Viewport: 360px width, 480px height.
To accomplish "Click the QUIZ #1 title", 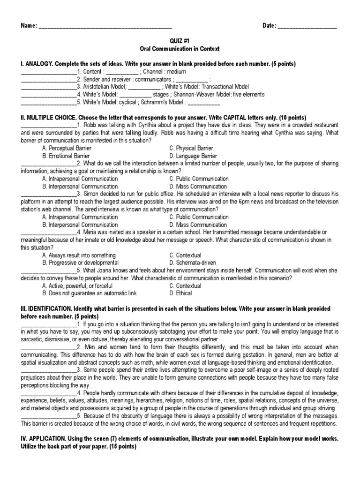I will (180, 41).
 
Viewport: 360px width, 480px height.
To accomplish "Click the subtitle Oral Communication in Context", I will (180, 49).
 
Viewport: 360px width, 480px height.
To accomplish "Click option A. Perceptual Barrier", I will (67, 148).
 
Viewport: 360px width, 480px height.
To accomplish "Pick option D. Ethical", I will (180, 293).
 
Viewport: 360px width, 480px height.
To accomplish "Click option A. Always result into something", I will (78, 255).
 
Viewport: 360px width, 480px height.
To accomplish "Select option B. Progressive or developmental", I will (80, 263).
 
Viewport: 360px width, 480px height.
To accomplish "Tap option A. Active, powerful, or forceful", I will (77, 286).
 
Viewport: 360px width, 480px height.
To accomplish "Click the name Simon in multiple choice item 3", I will (91, 194).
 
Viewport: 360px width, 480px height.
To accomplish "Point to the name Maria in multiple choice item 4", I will (91, 232).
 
